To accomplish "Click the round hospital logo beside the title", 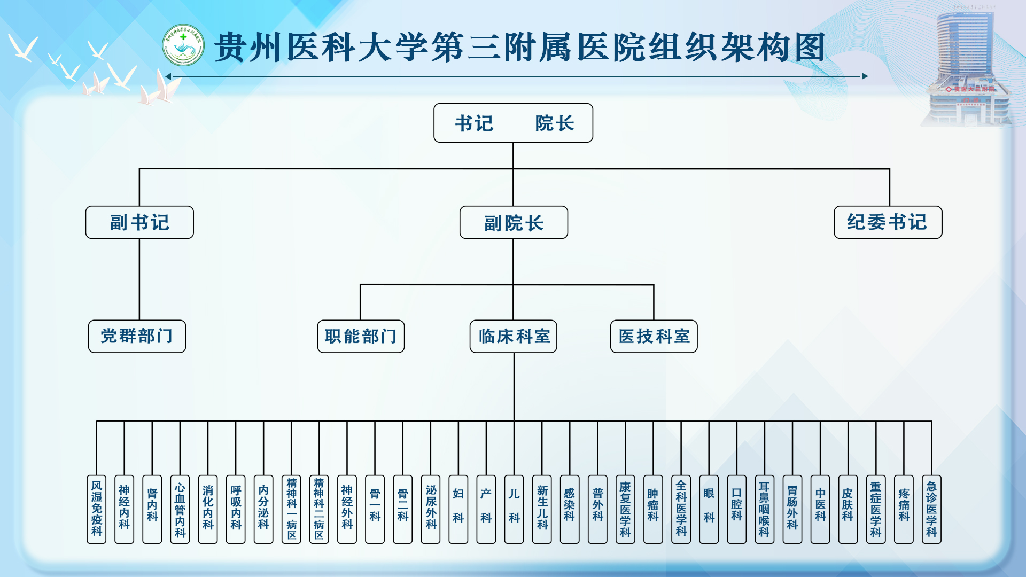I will point(183,45).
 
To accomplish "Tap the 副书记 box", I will point(139,222).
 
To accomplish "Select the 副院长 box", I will point(514,222).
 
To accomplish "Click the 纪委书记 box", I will point(888,222).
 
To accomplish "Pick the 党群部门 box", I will point(137,336).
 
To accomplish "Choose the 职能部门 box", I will point(361,336).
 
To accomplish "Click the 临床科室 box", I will point(513,336).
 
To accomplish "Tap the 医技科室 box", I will point(654,336).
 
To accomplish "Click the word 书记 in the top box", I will point(474,123).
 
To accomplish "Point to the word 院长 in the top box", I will point(554,123).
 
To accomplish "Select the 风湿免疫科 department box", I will point(97,509).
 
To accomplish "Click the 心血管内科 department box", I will point(180,509).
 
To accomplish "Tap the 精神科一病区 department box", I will point(291,509).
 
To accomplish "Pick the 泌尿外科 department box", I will point(431,509).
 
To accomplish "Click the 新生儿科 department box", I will point(542,509).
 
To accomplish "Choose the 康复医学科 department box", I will point(625,509).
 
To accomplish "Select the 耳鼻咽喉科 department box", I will point(764,509).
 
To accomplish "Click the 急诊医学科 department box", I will point(931,509).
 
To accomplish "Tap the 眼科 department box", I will point(709,509).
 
